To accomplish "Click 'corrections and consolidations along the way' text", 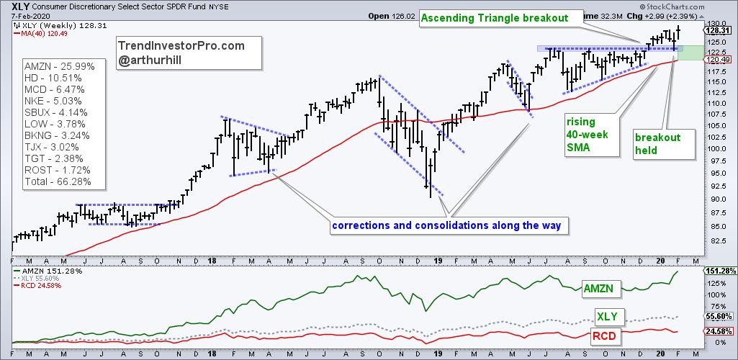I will click(446, 226).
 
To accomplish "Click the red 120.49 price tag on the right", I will click(721, 61).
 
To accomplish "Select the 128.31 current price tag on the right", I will click(721, 31).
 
